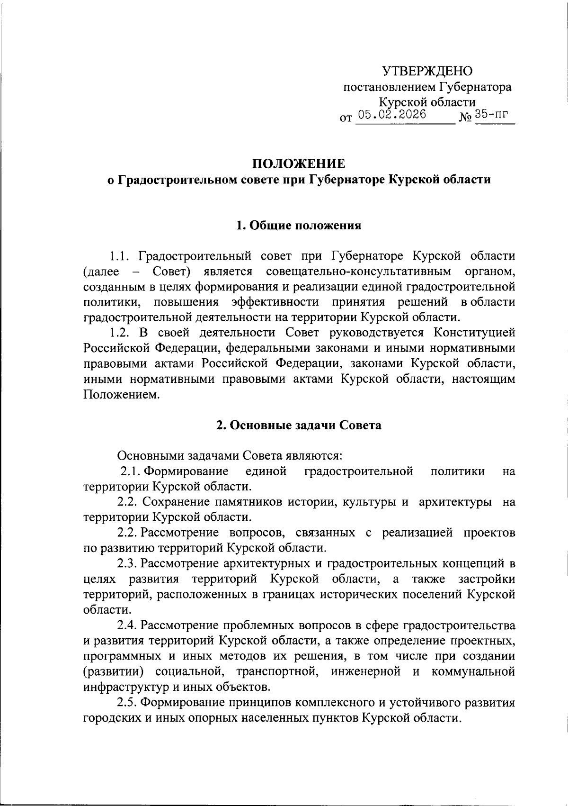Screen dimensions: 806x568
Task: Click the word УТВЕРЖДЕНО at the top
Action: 427,72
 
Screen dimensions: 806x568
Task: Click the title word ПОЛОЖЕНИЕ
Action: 298,164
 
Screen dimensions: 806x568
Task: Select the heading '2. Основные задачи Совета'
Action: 299,425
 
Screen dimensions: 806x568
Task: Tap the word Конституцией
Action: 474,333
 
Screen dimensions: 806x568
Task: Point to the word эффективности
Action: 275,302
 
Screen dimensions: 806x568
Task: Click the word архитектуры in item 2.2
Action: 455,502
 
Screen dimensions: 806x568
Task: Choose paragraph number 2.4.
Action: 127,625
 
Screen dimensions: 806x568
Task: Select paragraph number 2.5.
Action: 127,702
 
